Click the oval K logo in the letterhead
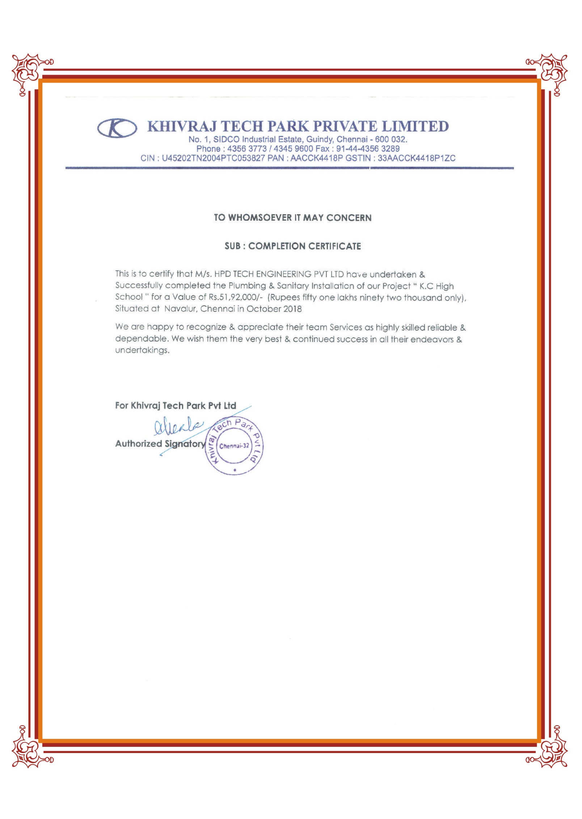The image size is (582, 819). point(117,127)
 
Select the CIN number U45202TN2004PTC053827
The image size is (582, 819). point(213,158)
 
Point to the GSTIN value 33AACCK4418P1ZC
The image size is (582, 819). point(416,158)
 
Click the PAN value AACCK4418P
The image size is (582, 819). point(316,158)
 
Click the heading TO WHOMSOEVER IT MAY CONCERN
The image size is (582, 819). point(292,218)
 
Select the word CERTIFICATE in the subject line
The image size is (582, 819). point(334,246)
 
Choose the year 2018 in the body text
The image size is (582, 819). point(292,309)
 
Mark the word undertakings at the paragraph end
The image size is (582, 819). point(142,350)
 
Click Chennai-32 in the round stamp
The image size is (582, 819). point(234,446)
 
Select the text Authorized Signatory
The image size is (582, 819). point(160,444)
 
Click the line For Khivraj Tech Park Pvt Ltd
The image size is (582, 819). point(176,406)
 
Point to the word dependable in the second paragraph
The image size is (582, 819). point(142,339)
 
